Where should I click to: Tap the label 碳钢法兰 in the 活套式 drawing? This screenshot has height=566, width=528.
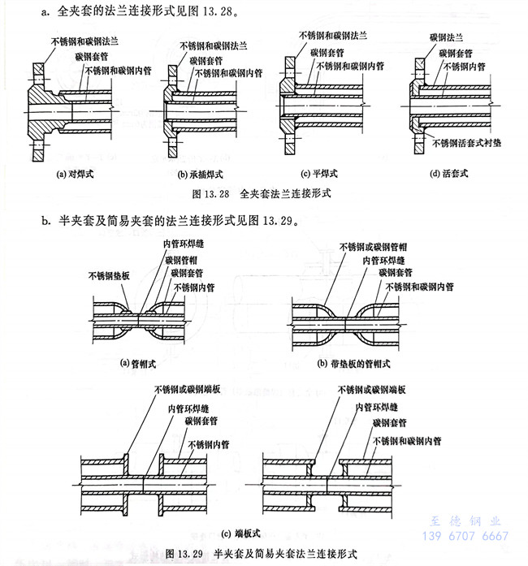[x=448, y=37]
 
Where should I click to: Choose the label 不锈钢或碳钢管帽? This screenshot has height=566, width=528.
[x=376, y=247]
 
